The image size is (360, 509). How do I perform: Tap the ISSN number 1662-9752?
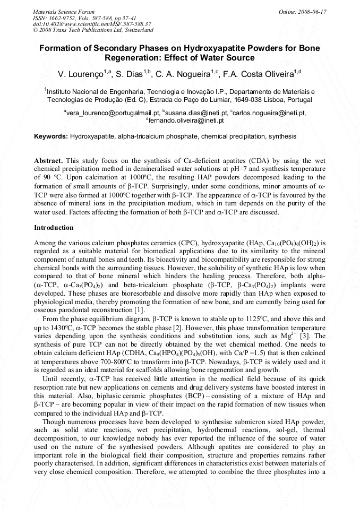click(63, 18)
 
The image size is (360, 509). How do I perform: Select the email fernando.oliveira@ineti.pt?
click(186, 120)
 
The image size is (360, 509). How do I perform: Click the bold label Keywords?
click(51, 137)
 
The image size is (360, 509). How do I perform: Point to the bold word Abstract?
click(48, 160)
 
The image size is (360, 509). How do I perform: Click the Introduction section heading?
click(54, 228)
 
